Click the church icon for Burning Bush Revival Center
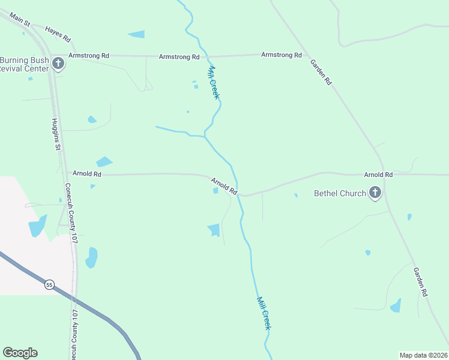click(58, 63)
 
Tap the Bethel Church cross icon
click(375, 193)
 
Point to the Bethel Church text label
click(340, 193)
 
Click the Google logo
click(20, 353)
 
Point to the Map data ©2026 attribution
click(423, 355)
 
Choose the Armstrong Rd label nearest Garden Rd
click(281, 55)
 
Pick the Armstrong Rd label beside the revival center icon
click(89, 55)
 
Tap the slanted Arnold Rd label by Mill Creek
click(224, 186)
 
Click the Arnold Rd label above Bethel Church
click(378, 175)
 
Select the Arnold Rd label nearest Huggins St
click(87, 174)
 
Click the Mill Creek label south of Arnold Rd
click(264, 313)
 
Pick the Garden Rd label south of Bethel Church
click(420, 281)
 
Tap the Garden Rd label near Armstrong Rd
click(321, 72)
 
